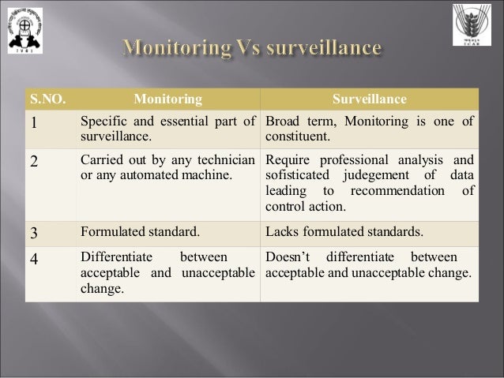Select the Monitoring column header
pyautogui.click(x=167, y=99)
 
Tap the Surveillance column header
pyautogui.click(x=370, y=99)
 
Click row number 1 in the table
pyautogui.click(x=34, y=122)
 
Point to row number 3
pyautogui.click(x=34, y=233)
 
